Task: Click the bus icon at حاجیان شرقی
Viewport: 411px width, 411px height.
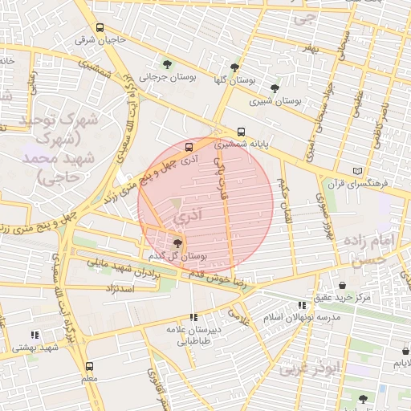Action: pyautogui.click(x=99, y=27)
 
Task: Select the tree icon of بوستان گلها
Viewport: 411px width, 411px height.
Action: pyautogui.click(x=234, y=67)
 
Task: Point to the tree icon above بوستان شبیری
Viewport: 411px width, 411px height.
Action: pyautogui.click(x=275, y=88)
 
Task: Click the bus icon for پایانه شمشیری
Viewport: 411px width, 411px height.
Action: pyautogui.click(x=242, y=131)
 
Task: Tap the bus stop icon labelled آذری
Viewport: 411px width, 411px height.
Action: pyautogui.click(x=189, y=147)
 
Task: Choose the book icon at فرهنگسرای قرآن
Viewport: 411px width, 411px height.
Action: pyautogui.click(x=357, y=171)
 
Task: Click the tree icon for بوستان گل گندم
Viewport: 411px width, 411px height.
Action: pyautogui.click(x=177, y=243)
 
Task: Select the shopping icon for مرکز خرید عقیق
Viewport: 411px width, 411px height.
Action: pyautogui.click(x=343, y=285)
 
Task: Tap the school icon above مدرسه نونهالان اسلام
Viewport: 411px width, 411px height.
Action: pyautogui.click(x=301, y=305)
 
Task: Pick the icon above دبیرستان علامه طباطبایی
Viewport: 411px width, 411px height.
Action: pyautogui.click(x=193, y=317)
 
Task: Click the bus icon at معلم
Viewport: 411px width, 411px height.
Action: pyautogui.click(x=88, y=365)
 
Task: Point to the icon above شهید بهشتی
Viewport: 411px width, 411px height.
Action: pyautogui.click(x=35, y=335)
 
